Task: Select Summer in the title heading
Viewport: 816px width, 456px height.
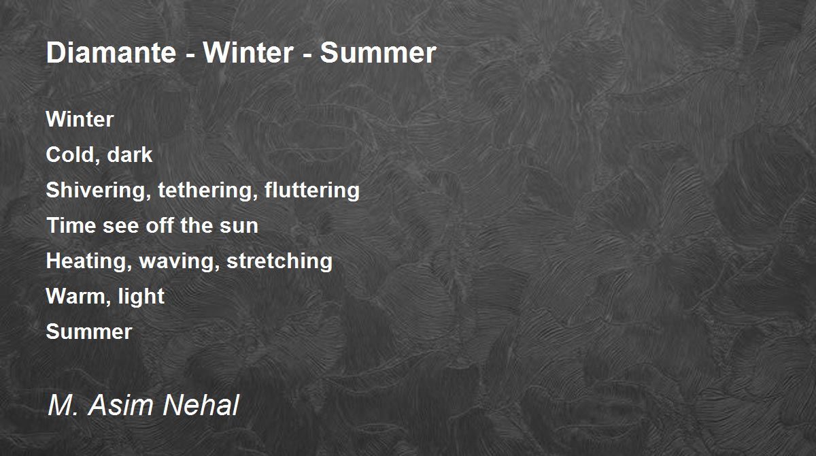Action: tap(378, 52)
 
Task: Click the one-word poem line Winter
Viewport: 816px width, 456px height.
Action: tap(80, 120)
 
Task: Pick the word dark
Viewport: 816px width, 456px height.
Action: tap(130, 155)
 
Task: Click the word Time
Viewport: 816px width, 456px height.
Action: tap(71, 226)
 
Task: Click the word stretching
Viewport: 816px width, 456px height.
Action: tap(279, 261)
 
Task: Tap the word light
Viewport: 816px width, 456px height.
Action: tap(141, 297)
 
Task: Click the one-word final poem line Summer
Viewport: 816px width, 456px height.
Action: tap(89, 332)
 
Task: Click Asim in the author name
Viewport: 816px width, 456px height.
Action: tap(120, 406)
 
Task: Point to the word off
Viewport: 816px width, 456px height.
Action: tap(160, 226)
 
